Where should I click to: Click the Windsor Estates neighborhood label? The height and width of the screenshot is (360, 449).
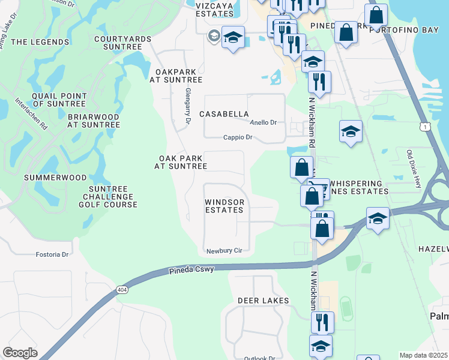click(x=224, y=206)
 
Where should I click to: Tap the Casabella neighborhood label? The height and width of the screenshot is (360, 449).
click(x=224, y=114)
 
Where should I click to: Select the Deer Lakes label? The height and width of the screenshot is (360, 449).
click(x=263, y=300)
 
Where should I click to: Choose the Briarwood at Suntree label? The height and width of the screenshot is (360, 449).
click(x=94, y=121)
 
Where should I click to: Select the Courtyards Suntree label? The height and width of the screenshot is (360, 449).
click(x=122, y=42)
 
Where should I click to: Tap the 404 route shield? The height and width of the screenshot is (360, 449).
click(x=122, y=290)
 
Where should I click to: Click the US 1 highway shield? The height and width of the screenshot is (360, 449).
click(x=425, y=127)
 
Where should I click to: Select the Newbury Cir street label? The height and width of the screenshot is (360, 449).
click(x=223, y=251)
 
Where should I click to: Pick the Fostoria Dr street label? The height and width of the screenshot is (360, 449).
click(x=53, y=254)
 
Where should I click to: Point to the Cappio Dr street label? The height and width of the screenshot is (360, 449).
click(x=237, y=137)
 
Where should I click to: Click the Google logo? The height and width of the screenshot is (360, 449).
click(x=20, y=353)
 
